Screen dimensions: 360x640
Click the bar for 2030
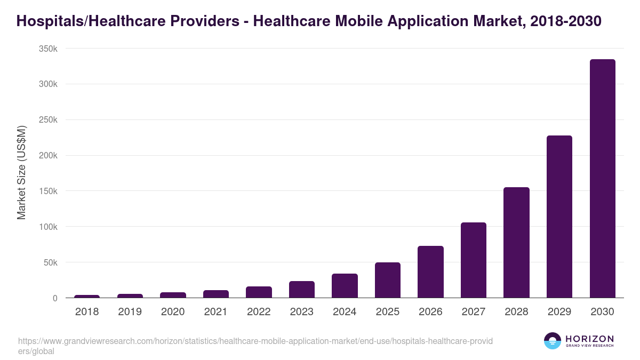coord(602,179)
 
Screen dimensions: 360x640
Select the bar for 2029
coord(559,217)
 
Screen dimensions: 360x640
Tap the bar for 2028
coord(516,243)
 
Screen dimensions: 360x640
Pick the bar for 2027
coord(474,260)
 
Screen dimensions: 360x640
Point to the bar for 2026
coord(430,272)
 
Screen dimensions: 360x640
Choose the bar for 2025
coord(388,280)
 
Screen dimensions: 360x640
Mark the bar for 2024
coord(345,286)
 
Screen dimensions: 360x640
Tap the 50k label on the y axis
coord(51,262)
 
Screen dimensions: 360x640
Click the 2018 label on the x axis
coord(87,312)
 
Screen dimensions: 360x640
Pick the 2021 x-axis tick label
coord(216,312)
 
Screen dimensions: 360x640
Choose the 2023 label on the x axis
coord(302,312)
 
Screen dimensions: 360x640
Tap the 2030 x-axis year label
coord(602,312)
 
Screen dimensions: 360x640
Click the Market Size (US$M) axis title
coord(21,173)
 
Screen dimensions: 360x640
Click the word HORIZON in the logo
coord(589,339)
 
